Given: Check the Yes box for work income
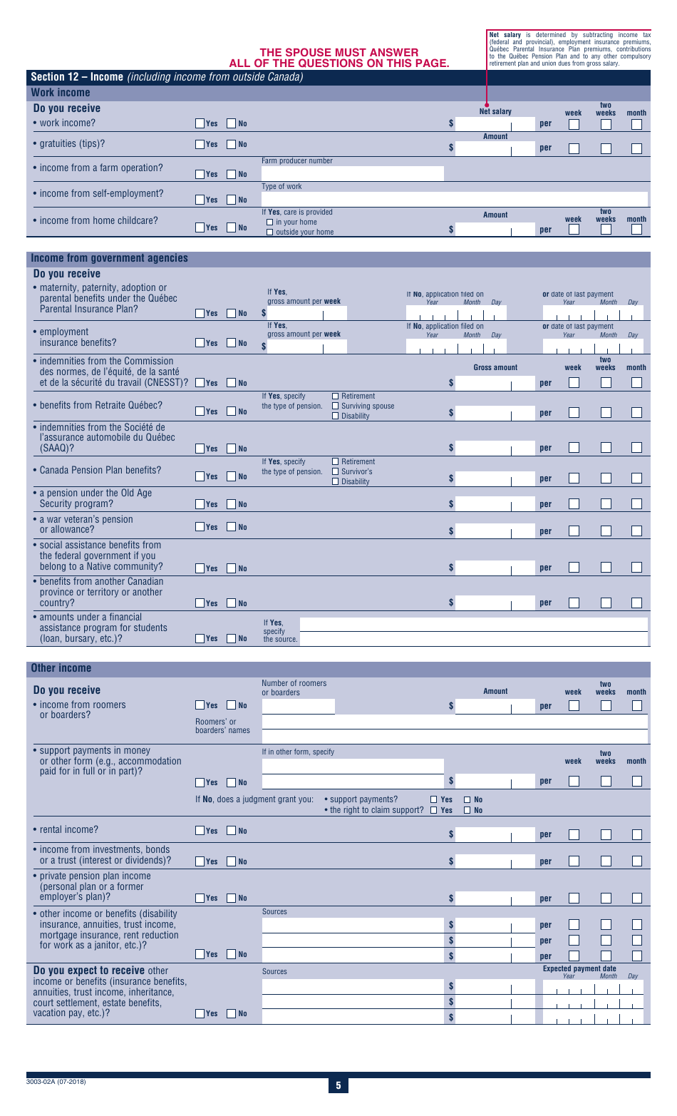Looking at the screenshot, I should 200,123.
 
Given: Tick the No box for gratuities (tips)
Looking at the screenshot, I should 232,144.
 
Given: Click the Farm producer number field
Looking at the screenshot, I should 352,173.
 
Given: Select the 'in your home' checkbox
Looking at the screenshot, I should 270,222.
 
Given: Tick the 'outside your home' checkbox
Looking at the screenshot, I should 270,232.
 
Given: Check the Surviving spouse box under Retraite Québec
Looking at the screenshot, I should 336,406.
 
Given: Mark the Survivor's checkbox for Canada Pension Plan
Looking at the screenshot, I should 336,471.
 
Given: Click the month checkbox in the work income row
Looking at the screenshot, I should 636,124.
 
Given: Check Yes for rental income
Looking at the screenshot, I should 200,831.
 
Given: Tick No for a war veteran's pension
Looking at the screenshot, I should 232,527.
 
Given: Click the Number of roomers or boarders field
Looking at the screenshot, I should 298,707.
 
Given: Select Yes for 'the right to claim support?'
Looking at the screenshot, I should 435,810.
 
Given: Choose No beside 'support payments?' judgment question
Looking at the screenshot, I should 467,799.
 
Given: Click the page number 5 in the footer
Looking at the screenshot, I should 338,1085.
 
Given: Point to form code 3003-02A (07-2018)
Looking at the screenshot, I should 56,1082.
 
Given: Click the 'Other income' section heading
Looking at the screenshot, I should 61,668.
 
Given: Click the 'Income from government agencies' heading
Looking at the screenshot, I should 110,258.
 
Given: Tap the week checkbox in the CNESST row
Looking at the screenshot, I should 574,383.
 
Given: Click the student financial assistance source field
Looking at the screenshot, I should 474,632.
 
